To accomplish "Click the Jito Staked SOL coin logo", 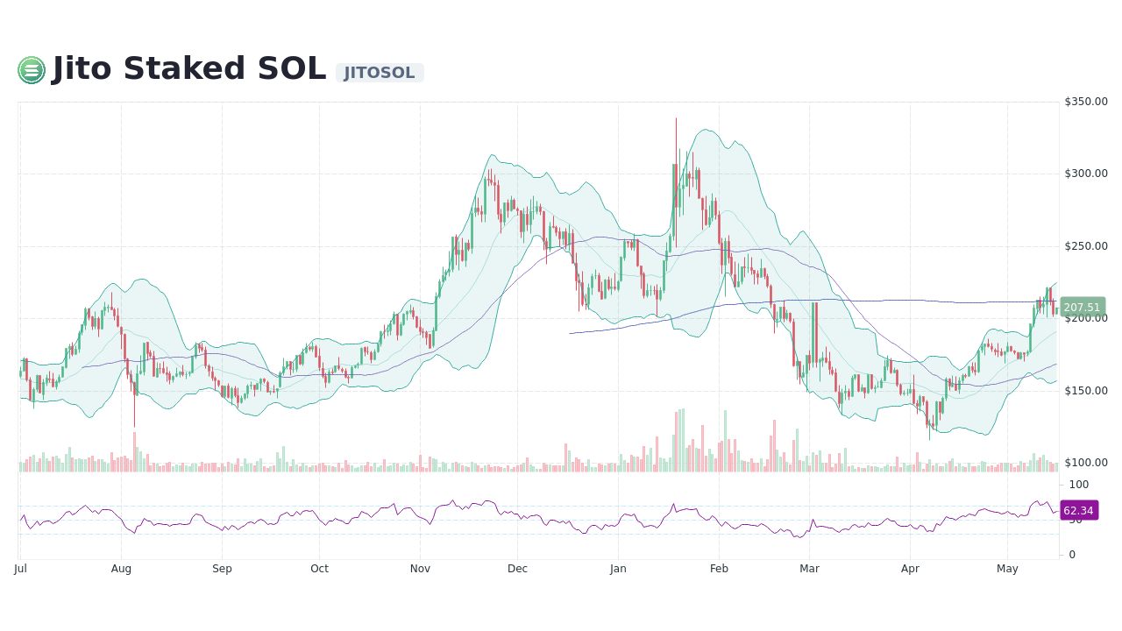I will (x=32, y=70).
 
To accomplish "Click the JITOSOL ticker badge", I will (x=380, y=73).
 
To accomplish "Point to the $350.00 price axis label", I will (x=1086, y=102).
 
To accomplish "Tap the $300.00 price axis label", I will (x=1086, y=174).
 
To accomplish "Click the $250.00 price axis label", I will (x=1086, y=246).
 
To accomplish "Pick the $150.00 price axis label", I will (x=1086, y=391).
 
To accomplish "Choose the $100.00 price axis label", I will (x=1086, y=463).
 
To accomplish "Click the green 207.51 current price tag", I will (x=1082, y=308).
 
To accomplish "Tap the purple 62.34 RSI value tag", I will (x=1078, y=511).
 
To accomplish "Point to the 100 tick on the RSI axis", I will (x=1078, y=485).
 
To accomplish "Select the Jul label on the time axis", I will (x=20, y=569).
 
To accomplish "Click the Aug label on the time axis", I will (x=121, y=569).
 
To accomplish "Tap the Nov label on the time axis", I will (x=420, y=569).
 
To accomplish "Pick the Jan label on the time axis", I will (x=618, y=569).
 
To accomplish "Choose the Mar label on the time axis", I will (x=809, y=569).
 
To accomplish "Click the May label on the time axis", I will (x=1007, y=569).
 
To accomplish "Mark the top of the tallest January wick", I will (x=676, y=118).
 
